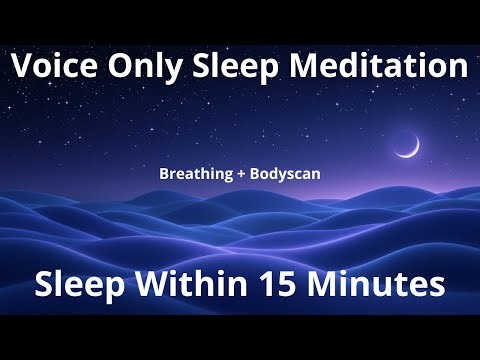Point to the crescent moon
click(407, 146)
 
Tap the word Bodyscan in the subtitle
click(284, 172)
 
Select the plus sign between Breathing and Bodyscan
click(239, 172)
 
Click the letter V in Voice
click(22, 69)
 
